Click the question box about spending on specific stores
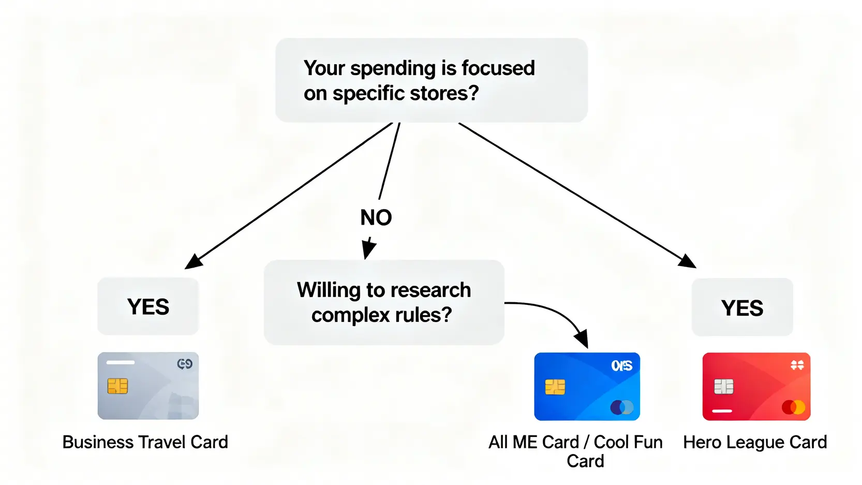click(432, 80)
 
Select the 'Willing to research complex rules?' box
click(384, 302)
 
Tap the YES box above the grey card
click(148, 306)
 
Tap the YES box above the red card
click(742, 307)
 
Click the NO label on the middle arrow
click(376, 217)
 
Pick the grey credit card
click(148, 386)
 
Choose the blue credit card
click(587, 387)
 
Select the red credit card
click(756, 387)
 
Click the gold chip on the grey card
click(117, 386)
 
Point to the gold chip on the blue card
click(555, 387)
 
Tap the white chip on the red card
click(724, 387)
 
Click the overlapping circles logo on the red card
click(794, 407)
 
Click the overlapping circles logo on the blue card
click(622, 407)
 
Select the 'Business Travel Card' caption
click(145, 442)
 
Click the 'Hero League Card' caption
click(755, 442)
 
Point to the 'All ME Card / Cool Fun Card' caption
click(576, 451)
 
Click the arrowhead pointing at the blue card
click(582, 338)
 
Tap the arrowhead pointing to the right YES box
click(687, 261)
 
